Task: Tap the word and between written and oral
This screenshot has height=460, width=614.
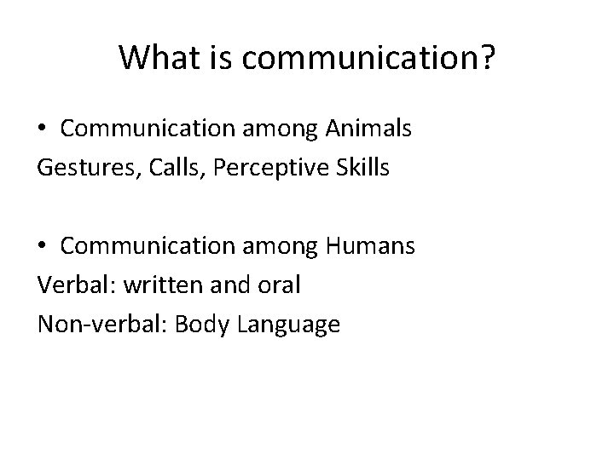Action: [x=228, y=285]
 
